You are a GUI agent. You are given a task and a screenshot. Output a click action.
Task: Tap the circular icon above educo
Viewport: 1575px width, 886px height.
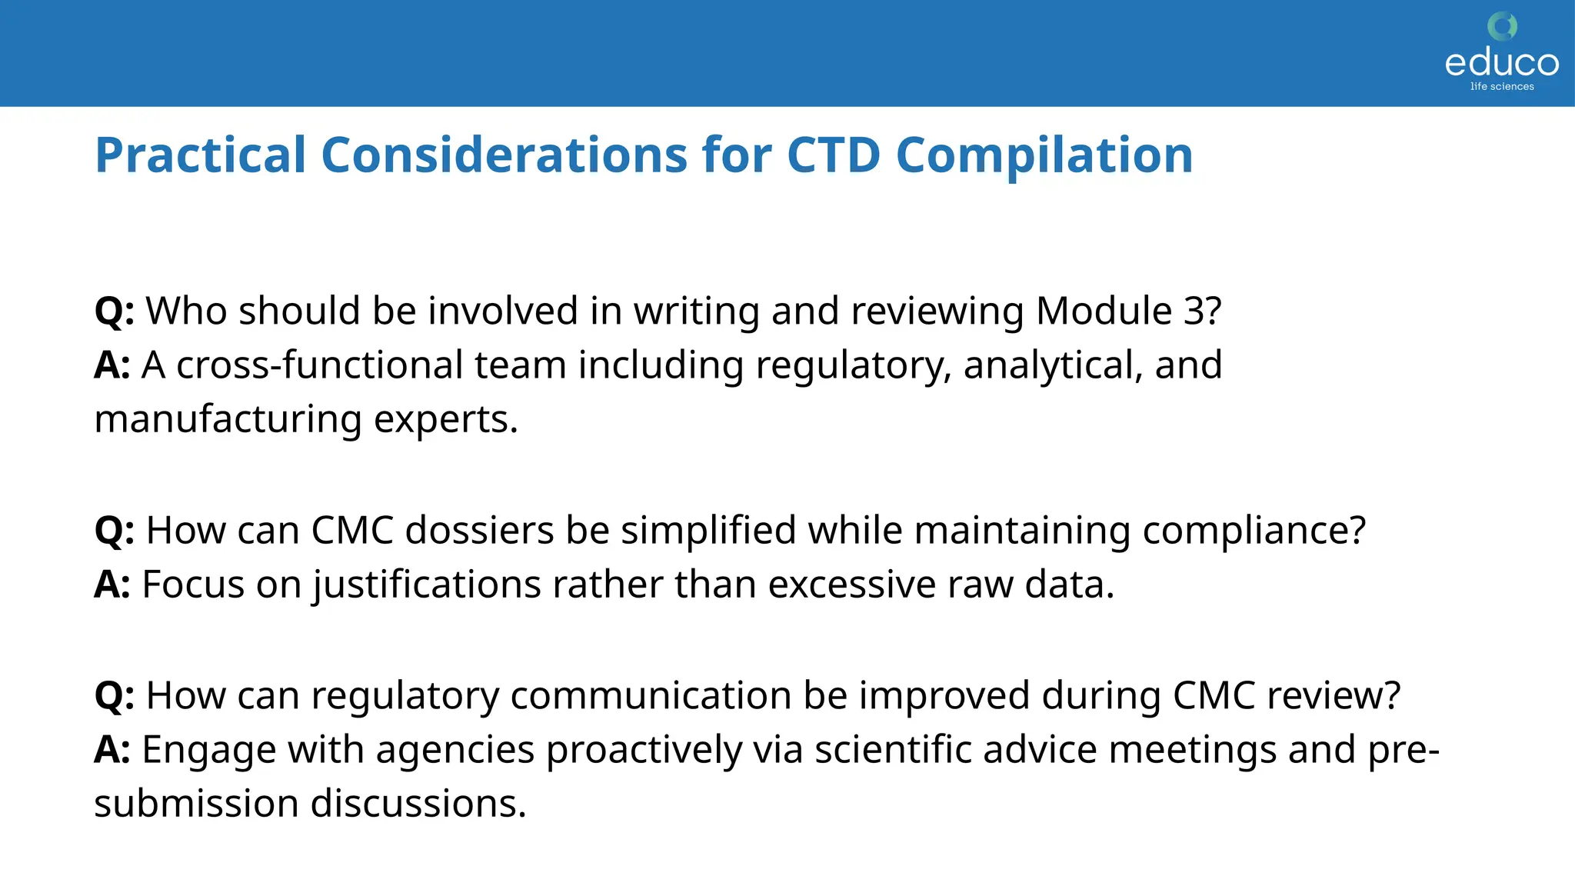(1502, 26)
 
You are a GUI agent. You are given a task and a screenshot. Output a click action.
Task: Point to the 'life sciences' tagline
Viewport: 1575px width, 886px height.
(1502, 87)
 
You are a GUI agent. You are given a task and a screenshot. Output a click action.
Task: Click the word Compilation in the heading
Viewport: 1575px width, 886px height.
(1044, 155)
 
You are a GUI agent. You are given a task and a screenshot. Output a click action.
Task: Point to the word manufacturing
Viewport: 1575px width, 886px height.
(228, 419)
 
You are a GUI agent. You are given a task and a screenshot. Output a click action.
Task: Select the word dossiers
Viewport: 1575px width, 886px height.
(479, 530)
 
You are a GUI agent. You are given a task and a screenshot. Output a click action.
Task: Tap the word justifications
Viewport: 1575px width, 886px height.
(427, 585)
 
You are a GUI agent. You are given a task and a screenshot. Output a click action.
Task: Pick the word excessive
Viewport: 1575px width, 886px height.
(851, 585)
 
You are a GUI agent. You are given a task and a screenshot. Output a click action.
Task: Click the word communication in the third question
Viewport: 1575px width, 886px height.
(651, 695)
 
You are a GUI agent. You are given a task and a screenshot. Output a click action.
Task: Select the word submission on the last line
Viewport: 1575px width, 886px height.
(196, 804)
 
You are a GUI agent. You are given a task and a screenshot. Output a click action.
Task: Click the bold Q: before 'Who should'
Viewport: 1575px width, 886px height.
(114, 311)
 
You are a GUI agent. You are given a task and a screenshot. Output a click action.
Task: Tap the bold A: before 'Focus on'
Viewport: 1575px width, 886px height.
(112, 585)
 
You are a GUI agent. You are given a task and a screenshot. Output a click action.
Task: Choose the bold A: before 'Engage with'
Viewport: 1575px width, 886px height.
(112, 749)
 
